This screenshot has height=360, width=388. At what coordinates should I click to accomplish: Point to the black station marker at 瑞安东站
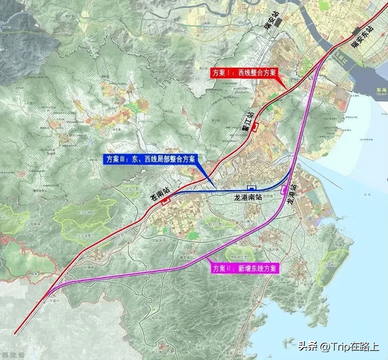356,31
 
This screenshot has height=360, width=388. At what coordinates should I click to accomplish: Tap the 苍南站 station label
159,193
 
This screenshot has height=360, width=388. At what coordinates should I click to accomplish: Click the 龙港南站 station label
248,197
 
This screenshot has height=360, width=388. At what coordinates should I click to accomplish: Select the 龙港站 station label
292,194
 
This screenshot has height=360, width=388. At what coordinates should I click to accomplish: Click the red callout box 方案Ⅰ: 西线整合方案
243,73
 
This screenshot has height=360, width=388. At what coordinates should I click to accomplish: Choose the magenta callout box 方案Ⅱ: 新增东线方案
245,268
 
